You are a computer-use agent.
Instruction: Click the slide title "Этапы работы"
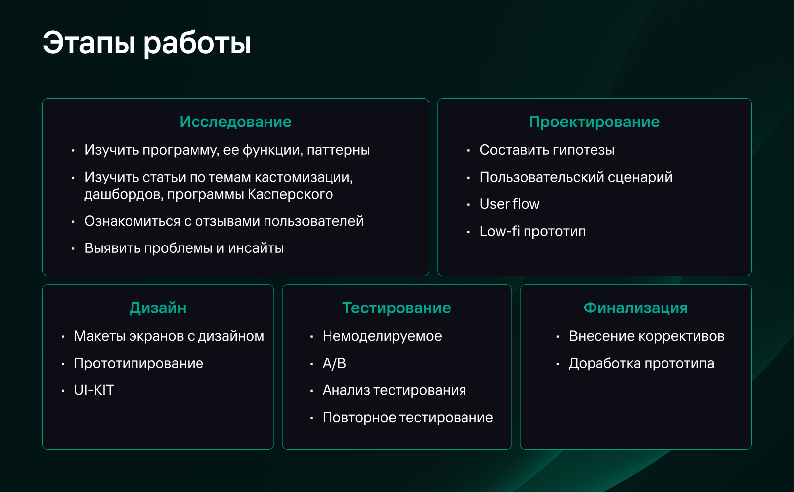click(x=147, y=43)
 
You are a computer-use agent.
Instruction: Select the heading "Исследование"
click(x=235, y=122)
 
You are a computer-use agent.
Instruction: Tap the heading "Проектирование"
click(x=594, y=122)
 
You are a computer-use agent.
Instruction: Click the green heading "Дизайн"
click(x=158, y=308)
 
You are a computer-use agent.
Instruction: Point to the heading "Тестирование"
click(x=397, y=308)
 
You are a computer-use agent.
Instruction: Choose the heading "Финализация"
click(x=635, y=308)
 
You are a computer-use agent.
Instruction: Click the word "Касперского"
click(x=290, y=194)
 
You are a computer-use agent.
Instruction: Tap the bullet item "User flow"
click(x=509, y=204)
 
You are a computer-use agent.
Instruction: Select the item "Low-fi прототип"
click(x=532, y=231)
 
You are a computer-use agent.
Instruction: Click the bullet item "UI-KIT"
click(x=94, y=390)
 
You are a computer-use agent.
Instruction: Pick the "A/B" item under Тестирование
click(x=334, y=364)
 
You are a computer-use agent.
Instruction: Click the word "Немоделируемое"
click(x=382, y=336)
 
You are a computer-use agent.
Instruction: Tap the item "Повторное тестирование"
click(x=407, y=418)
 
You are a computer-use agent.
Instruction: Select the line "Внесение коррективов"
click(x=646, y=336)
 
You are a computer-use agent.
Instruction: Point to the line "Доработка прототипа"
click(x=641, y=364)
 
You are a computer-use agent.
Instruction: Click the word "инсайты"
click(x=256, y=248)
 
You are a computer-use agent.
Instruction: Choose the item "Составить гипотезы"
click(x=547, y=150)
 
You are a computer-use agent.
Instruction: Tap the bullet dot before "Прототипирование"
click(x=63, y=364)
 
